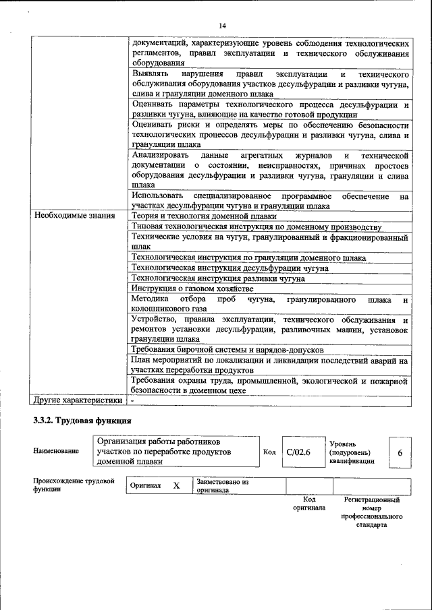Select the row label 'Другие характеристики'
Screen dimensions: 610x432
tap(78, 400)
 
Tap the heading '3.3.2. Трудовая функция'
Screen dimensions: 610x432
tap(82, 421)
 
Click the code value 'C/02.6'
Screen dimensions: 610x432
tap(298, 452)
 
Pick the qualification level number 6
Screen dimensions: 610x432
tap(400, 453)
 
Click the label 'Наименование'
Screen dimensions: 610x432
tap(55, 452)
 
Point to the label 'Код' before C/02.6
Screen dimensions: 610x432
tap(269, 452)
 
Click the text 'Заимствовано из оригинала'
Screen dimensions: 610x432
tap(223, 486)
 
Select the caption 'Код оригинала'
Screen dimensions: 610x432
tap(308, 504)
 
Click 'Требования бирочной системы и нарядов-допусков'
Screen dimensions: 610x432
tap(227, 350)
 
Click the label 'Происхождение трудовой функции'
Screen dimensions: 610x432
tap(74, 485)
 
